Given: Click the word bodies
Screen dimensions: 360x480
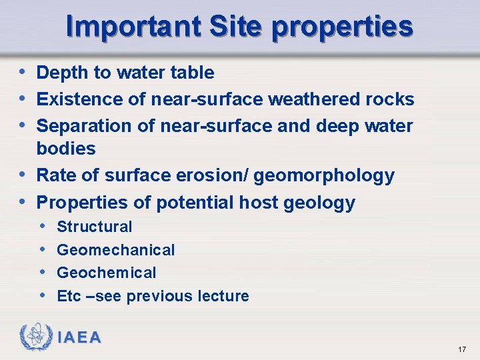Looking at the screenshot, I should pyautogui.click(x=66, y=149).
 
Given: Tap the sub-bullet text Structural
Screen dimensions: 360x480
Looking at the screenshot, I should pyautogui.click(x=95, y=227).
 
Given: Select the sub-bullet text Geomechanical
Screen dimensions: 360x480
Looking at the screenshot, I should pyautogui.click(x=116, y=251).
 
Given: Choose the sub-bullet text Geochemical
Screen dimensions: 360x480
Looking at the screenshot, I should pyautogui.click(x=107, y=273).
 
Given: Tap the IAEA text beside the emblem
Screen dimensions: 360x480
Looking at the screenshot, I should pyautogui.click(x=79, y=337).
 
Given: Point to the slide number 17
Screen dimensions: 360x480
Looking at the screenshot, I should pyautogui.click(x=462, y=350).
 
